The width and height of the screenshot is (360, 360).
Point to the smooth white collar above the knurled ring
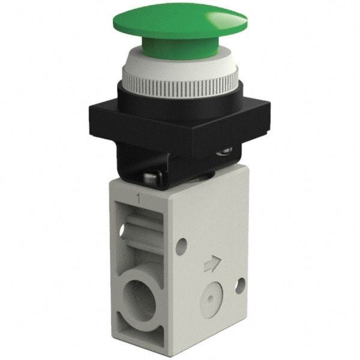[180, 60]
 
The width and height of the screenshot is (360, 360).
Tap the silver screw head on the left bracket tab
[149, 177]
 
